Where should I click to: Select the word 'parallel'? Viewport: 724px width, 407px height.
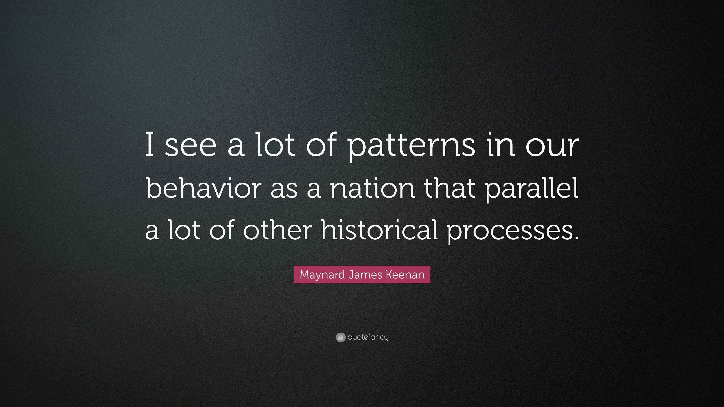(532, 189)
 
